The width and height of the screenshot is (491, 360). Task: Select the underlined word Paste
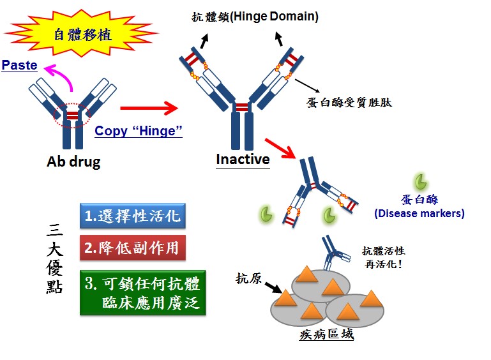coord(19,65)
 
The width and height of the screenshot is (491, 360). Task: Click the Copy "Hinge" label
coord(139,131)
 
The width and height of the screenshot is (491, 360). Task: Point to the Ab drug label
coord(73,161)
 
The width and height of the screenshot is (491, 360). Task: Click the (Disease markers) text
coord(419,213)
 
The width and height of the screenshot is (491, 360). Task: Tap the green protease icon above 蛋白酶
coord(421,181)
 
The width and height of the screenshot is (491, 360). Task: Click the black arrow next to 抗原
coord(272,287)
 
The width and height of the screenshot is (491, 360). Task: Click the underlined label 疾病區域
coord(326,334)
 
